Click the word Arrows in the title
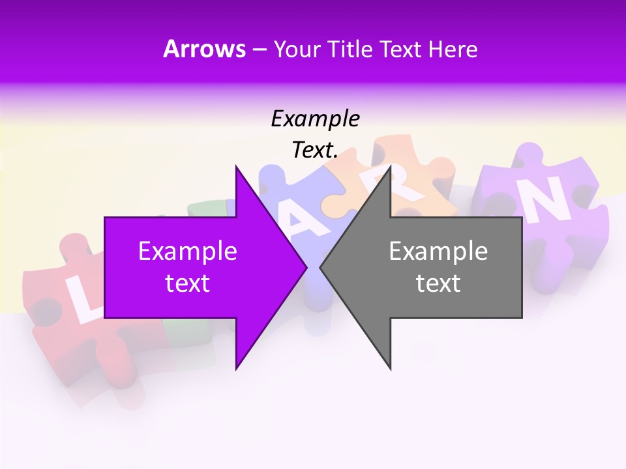205,49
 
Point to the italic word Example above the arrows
315,119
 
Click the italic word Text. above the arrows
315,150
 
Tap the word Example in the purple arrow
188,251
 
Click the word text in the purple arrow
188,283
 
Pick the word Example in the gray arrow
438,251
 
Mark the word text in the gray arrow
438,283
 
